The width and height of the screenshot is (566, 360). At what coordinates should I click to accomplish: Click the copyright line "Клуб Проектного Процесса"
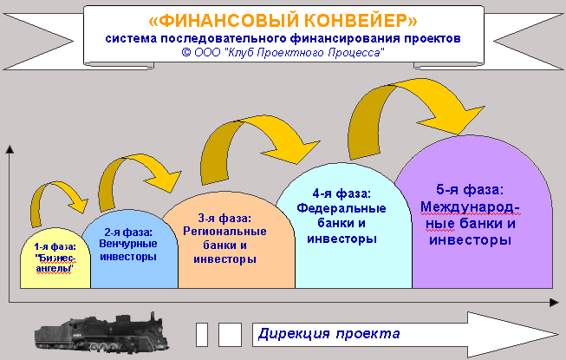click(x=304, y=53)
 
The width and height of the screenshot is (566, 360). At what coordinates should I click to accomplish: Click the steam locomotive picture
click(x=102, y=332)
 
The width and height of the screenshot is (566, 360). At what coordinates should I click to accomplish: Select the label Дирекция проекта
click(x=329, y=333)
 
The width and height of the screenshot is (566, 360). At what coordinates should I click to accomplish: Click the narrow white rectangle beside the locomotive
click(x=202, y=335)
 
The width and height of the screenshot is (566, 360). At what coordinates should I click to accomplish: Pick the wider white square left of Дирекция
click(x=230, y=335)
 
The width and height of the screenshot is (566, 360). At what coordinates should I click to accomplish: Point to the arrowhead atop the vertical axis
click(x=10, y=149)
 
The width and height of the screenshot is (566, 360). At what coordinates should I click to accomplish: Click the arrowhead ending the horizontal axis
click(x=555, y=303)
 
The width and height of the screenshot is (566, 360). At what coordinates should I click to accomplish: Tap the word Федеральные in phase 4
click(x=342, y=208)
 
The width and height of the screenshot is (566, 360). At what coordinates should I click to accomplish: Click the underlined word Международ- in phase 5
click(x=470, y=207)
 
